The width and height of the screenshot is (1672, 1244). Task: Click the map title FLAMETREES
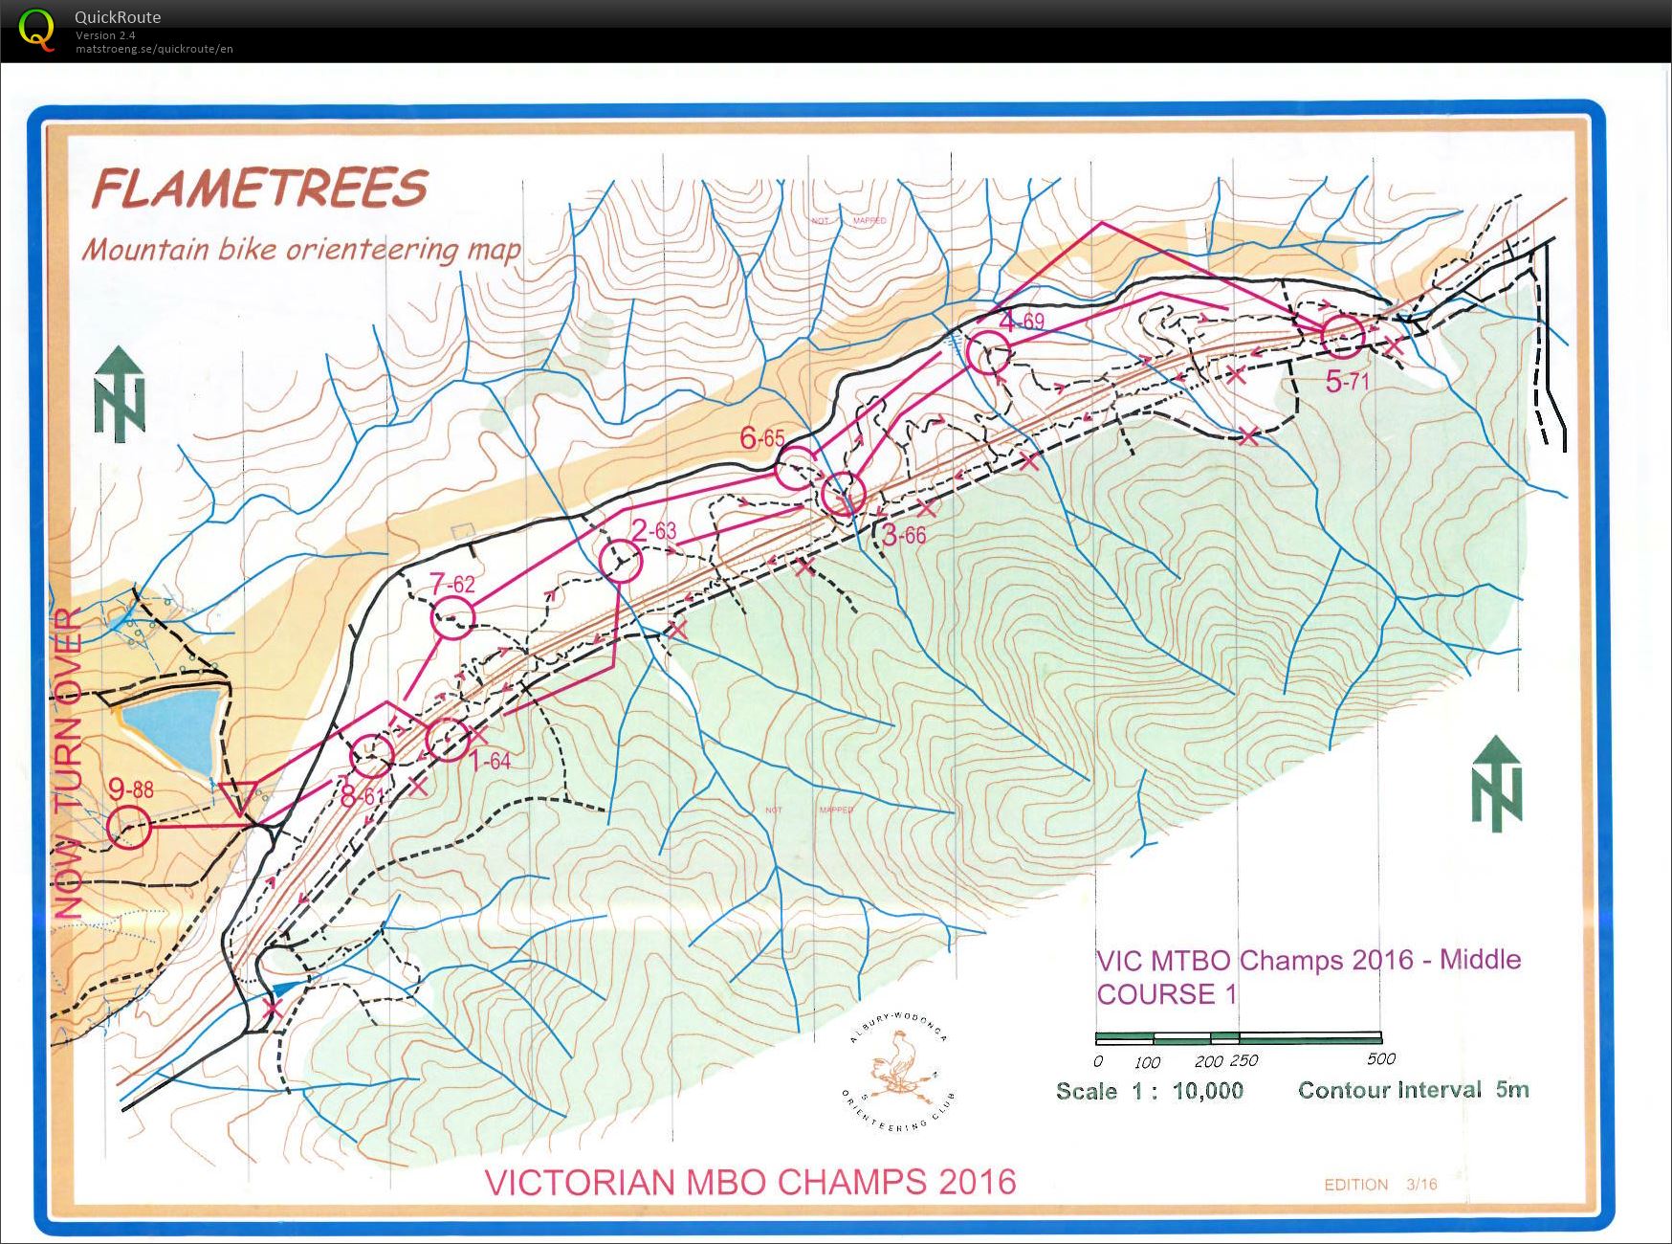tap(259, 188)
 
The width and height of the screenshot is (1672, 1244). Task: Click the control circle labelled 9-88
tap(129, 827)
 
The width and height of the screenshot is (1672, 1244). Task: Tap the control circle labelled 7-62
tap(453, 619)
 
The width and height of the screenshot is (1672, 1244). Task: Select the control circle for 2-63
tap(622, 561)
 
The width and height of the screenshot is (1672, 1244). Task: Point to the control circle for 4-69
tap(988, 353)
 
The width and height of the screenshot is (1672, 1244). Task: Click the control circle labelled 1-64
tap(447, 740)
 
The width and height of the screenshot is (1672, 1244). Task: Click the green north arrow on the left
tap(120, 394)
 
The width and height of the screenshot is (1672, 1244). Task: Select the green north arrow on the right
tap(1496, 783)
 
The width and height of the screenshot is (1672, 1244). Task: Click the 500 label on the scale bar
tap(1380, 1058)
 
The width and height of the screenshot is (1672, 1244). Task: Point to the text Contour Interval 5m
tap(1413, 1090)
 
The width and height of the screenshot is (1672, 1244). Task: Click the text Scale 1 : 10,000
tap(1149, 1091)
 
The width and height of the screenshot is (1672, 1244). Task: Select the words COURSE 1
tap(1166, 994)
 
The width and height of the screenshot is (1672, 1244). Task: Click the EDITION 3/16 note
tap(1379, 1184)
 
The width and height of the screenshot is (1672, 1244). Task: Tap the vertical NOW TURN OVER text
tap(69, 763)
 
